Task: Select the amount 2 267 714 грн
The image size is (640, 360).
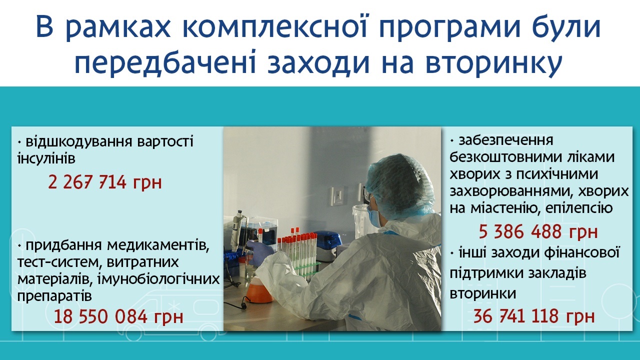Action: pyautogui.click(x=105, y=182)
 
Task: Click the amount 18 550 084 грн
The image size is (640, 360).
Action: pyautogui.click(x=118, y=317)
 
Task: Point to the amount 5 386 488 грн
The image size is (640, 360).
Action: pyautogui.click(x=538, y=231)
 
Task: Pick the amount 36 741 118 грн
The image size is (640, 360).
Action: pyautogui.click(x=533, y=316)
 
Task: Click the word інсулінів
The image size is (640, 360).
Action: pyautogui.click(x=46, y=158)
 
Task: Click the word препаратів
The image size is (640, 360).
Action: pyautogui.click(x=54, y=295)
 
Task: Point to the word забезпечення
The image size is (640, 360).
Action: pyautogui.click(x=505, y=140)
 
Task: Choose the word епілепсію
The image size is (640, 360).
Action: pyautogui.click(x=579, y=207)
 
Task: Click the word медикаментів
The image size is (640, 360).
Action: pyautogui.click(x=158, y=245)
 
